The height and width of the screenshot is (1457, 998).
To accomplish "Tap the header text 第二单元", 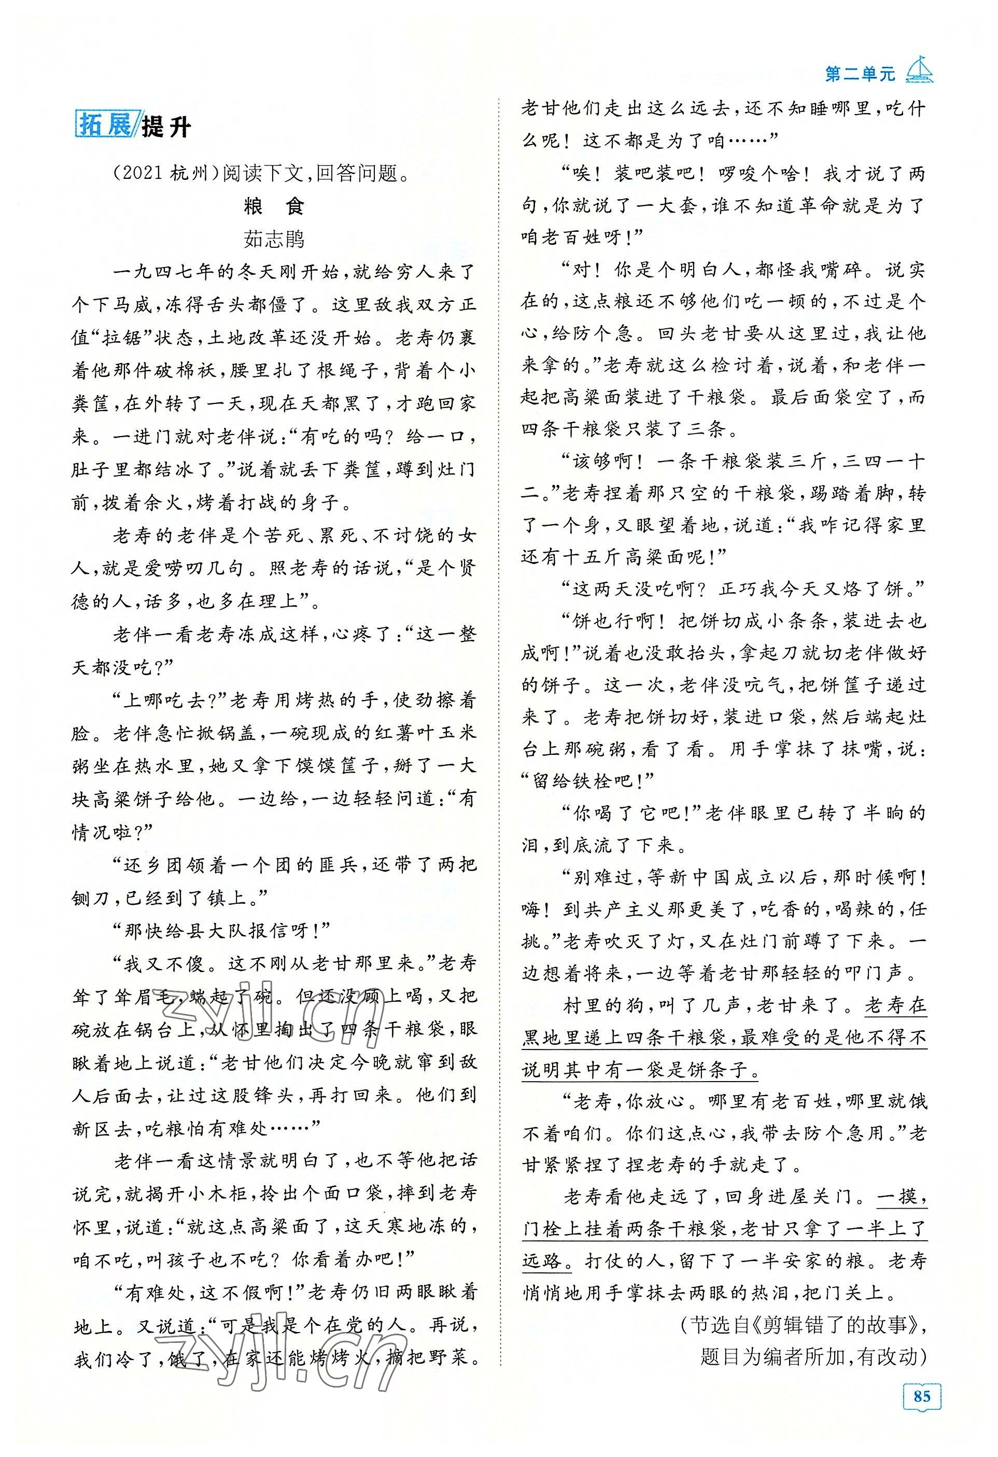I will pyautogui.click(x=860, y=74).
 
